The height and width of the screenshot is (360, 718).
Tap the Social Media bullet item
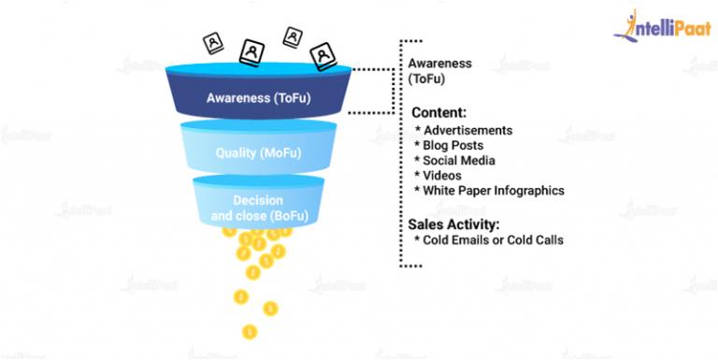click(x=457, y=160)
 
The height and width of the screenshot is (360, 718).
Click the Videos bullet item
click(x=442, y=175)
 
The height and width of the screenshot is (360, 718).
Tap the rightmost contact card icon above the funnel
click(x=323, y=57)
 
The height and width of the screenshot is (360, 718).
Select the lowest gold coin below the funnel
click(x=250, y=331)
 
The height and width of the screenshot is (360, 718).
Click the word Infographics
click(x=529, y=190)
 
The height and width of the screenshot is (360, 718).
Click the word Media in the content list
click(x=482, y=160)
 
